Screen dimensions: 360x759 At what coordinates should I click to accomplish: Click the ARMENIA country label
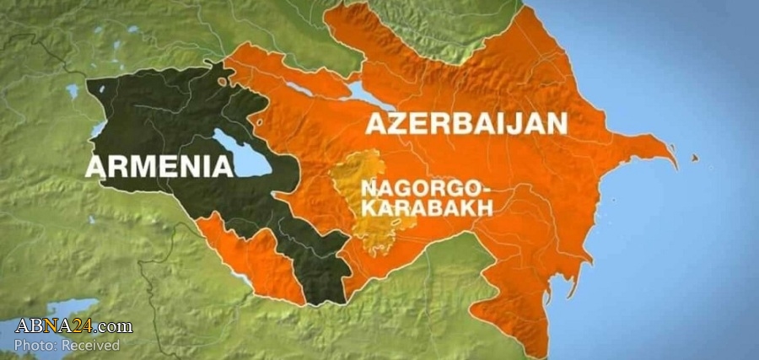coord(159,165)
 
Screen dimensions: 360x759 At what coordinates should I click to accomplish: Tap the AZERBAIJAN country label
coord(466,124)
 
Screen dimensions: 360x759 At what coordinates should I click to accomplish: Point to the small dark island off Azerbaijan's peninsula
coord(696,158)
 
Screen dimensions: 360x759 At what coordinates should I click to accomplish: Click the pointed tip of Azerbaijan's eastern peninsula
coord(675,160)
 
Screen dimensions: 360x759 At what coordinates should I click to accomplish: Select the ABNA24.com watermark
coord(73,326)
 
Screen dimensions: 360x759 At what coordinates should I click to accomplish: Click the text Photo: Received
coord(67,345)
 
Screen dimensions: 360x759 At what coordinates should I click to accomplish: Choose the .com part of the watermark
coord(117,326)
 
